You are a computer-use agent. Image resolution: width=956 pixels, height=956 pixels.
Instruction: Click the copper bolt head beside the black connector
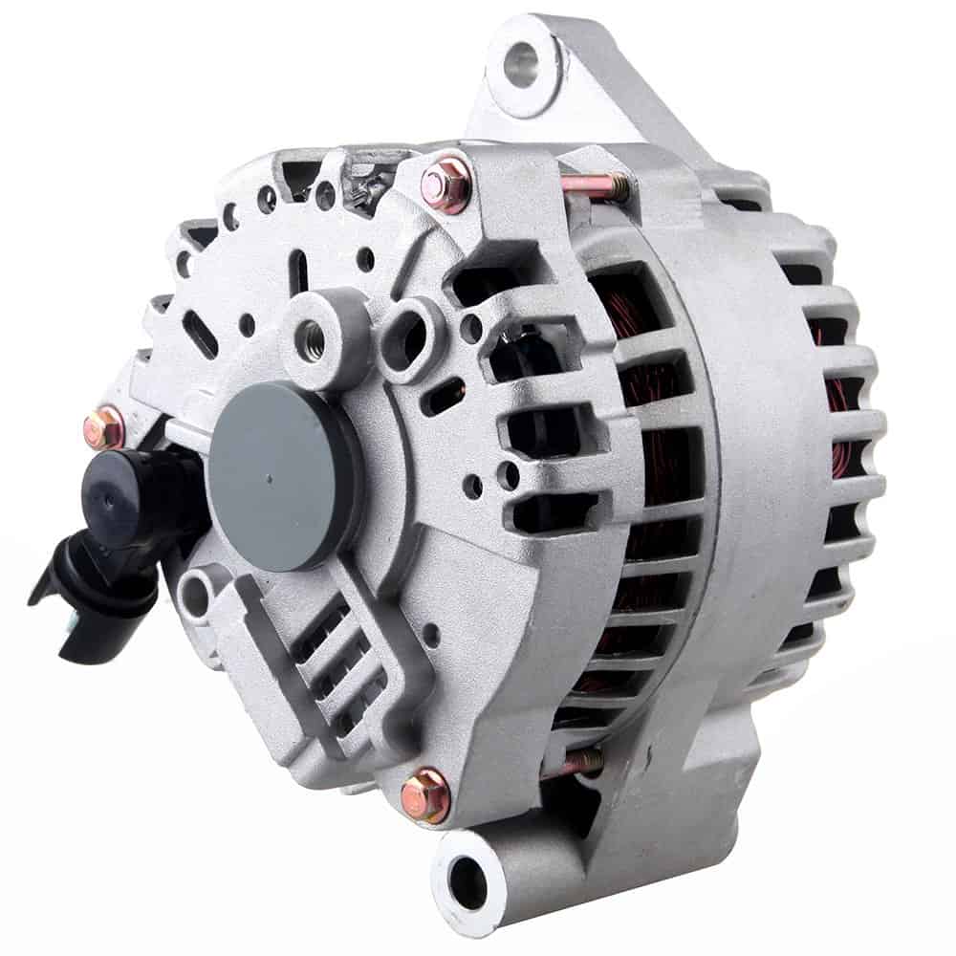point(104,428)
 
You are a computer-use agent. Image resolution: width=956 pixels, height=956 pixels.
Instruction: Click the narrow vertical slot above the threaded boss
point(299,271)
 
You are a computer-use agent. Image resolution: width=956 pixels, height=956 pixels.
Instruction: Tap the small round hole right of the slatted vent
point(431,631)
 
